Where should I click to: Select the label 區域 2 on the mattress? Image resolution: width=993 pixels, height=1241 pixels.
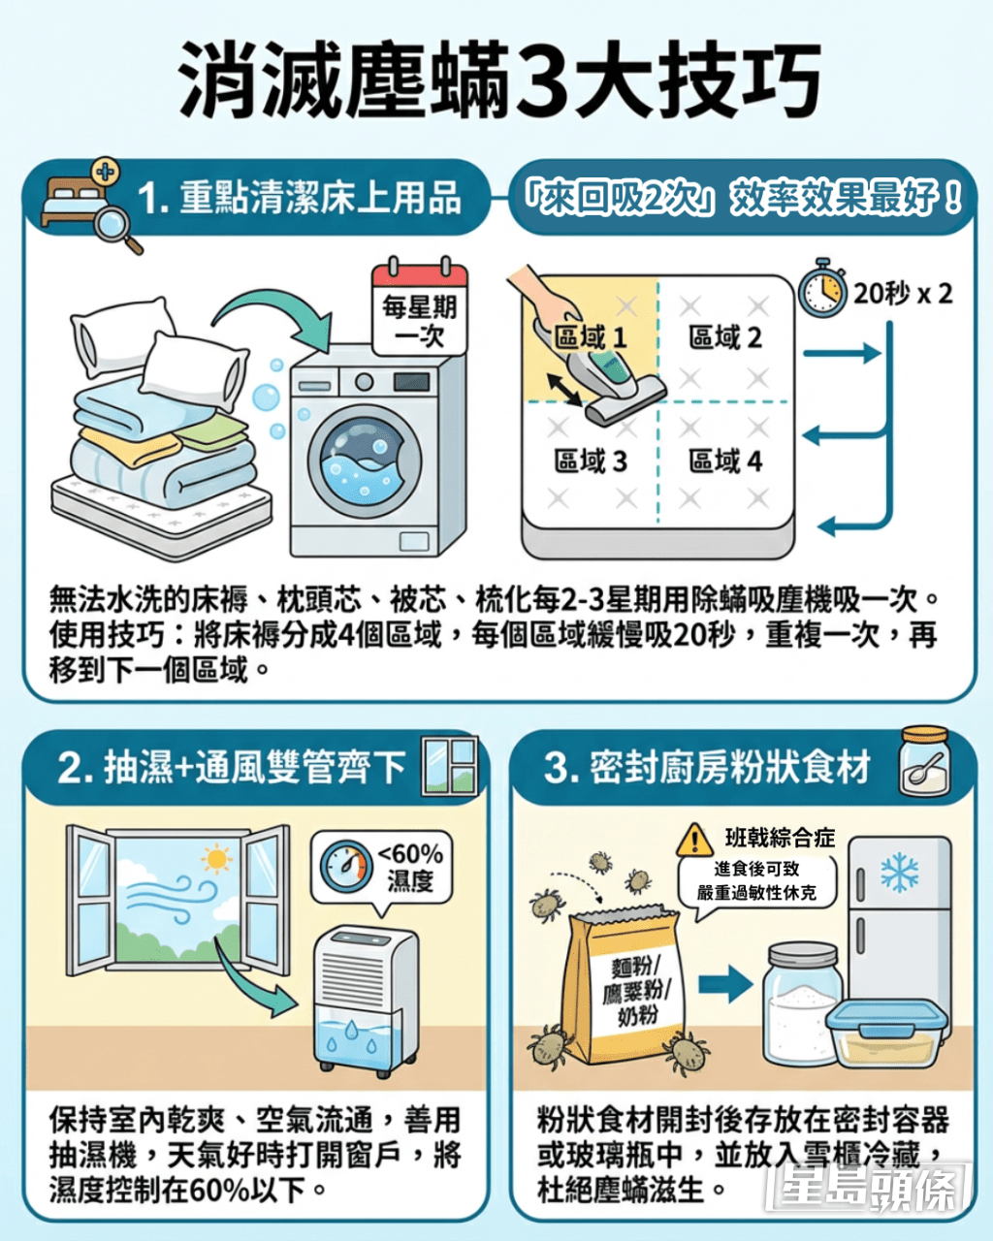(x=724, y=337)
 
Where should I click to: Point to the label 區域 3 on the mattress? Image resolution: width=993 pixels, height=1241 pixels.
(x=590, y=461)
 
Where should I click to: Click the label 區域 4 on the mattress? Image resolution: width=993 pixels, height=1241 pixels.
(x=724, y=461)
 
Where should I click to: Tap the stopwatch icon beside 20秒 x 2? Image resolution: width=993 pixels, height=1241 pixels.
(x=822, y=288)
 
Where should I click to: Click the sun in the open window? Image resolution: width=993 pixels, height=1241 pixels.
(x=216, y=860)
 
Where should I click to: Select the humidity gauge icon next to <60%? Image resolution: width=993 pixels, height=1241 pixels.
(x=345, y=867)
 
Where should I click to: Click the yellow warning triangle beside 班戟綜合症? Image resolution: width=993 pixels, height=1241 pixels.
(x=695, y=840)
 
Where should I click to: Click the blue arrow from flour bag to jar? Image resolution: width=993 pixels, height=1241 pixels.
(x=725, y=984)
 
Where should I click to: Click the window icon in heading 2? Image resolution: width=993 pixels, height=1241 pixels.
(x=450, y=766)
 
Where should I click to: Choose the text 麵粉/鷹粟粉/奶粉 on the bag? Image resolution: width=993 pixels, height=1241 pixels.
(x=637, y=991)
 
